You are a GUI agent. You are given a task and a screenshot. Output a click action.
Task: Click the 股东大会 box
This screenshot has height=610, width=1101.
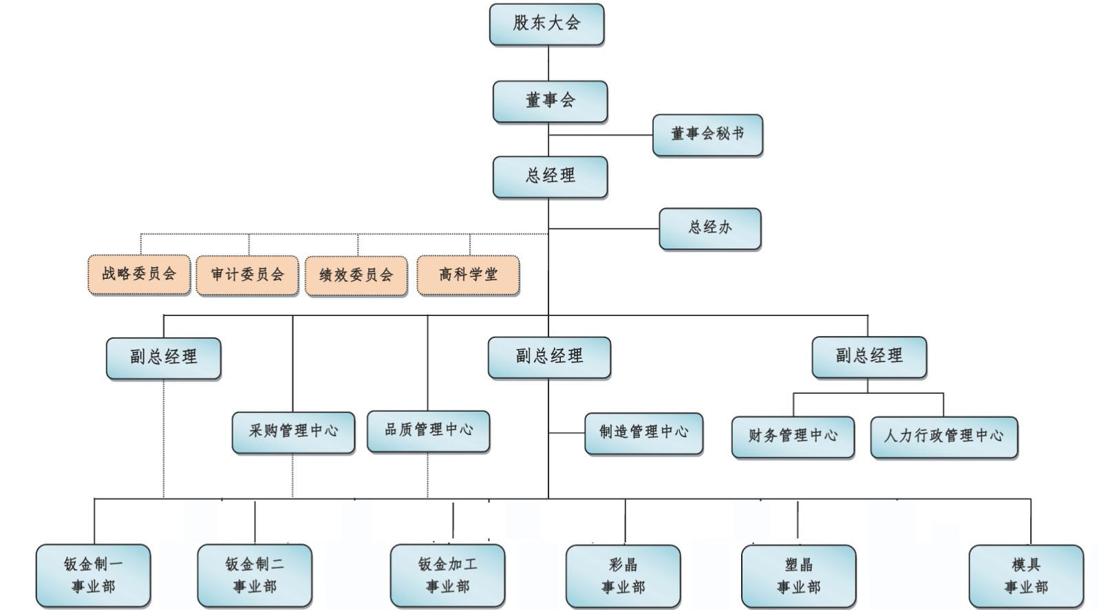(x=546, y=24)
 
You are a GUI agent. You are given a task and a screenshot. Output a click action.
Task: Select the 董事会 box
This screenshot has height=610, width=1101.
(x=550, y=101)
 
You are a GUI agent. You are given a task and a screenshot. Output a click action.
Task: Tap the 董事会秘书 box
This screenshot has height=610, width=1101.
(x=707, y=134)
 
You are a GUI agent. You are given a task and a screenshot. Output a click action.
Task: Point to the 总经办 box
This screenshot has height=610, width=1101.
(x=709, y=228)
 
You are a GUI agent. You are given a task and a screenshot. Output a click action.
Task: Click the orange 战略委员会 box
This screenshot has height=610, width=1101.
(x=139, y=275)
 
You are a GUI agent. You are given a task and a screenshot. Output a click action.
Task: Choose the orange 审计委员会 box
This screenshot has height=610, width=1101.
(x=247, y=275)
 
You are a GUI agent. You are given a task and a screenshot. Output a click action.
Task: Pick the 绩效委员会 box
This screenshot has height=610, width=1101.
(x=356, y=275)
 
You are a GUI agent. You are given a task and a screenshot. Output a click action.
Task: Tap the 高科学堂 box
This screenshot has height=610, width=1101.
(x=468, y=275)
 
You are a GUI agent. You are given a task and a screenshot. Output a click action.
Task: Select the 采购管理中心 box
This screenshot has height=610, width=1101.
(x=293, y=432)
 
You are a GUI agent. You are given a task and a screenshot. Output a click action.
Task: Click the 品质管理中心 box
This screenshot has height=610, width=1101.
(x=428, y=431)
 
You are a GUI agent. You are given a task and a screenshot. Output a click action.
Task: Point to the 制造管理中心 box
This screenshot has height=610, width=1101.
(x=643, y=433)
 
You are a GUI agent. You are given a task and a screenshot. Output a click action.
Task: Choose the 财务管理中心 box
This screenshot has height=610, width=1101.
(x=793, y=437)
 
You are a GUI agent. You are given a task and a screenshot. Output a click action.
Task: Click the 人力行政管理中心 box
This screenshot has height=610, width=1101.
(x=943, y=437)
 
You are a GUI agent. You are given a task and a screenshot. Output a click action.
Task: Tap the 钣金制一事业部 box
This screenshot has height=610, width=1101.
(x=93, y=576)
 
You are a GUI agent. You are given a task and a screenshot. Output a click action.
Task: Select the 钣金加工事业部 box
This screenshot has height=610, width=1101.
(x=447, y=576)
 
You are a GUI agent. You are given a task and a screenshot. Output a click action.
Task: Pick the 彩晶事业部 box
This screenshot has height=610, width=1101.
(x=623, y=576)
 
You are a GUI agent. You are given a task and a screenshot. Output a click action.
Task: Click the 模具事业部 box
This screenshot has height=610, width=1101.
(x=1025, y=576)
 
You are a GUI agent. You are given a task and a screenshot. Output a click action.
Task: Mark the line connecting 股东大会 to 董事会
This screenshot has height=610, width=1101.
(x=548, y=63)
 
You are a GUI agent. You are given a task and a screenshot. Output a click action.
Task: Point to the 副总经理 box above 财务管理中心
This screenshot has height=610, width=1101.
(x=869, y=357)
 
